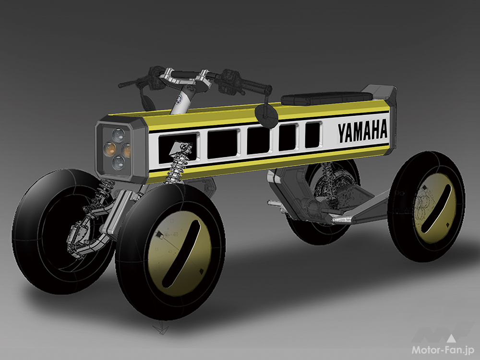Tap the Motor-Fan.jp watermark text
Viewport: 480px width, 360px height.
pos(443,350)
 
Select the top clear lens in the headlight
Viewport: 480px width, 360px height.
pos(118,134)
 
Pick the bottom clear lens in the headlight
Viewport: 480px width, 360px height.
pos(118,163)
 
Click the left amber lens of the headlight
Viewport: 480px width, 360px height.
pos(109,148)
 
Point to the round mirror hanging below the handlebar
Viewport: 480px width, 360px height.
pos(266,113)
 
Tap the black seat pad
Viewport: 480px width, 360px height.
pos(326,98)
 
